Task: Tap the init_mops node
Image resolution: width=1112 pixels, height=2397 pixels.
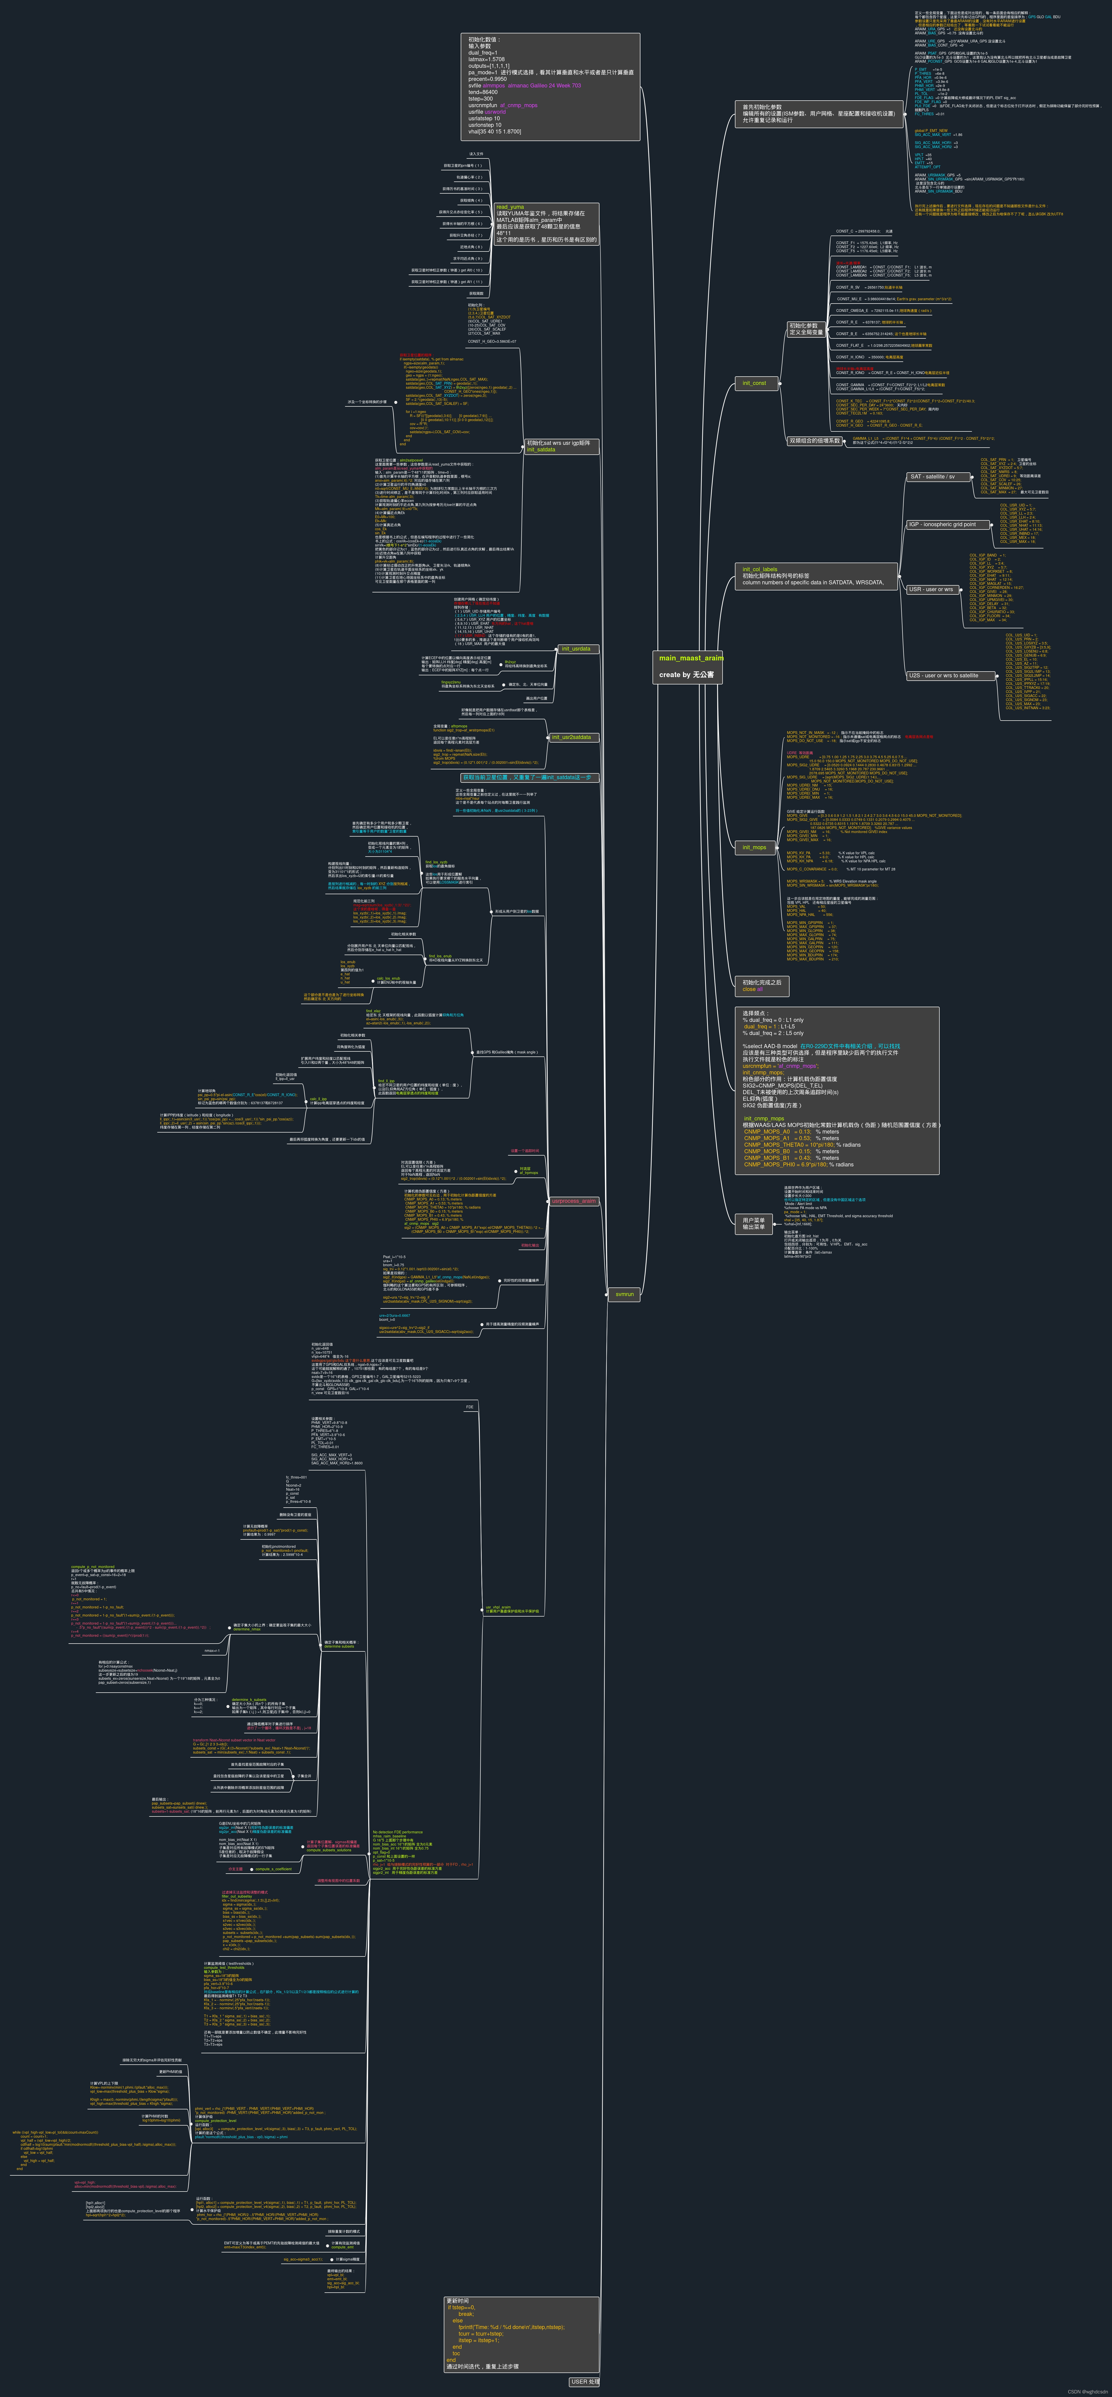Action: (754, 847)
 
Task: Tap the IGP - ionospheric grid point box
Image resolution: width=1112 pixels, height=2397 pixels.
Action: (942, 525)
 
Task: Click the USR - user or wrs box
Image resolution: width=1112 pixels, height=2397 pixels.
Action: (931, 589)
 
